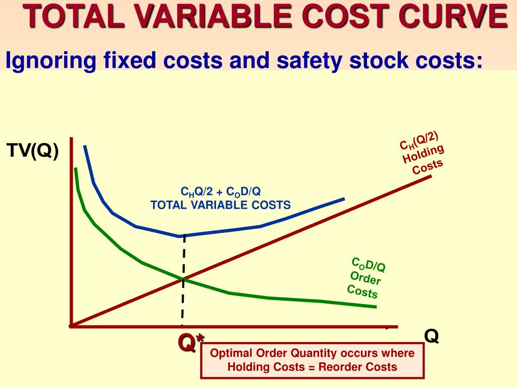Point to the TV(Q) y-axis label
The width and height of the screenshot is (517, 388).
click(x=32, y=151)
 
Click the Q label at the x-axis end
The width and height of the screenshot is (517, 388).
click(x=431, y=335)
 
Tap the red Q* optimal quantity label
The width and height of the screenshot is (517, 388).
click(x=187, y=343)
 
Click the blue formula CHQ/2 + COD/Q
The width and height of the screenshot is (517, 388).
click(x=221, y=192)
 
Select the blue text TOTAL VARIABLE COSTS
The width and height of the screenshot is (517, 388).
click(x=221, y=205)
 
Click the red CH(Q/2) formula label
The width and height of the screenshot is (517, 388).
click(x=419, y=140)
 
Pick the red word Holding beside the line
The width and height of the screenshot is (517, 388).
click(x=423, y=154)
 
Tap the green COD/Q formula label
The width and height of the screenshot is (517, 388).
click(x=369, y=265)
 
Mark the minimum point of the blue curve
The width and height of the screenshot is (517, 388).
click(x=180, y=236)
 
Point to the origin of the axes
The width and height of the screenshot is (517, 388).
click(x=72, y=326)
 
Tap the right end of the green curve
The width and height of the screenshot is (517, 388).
click(x=375, y=307)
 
